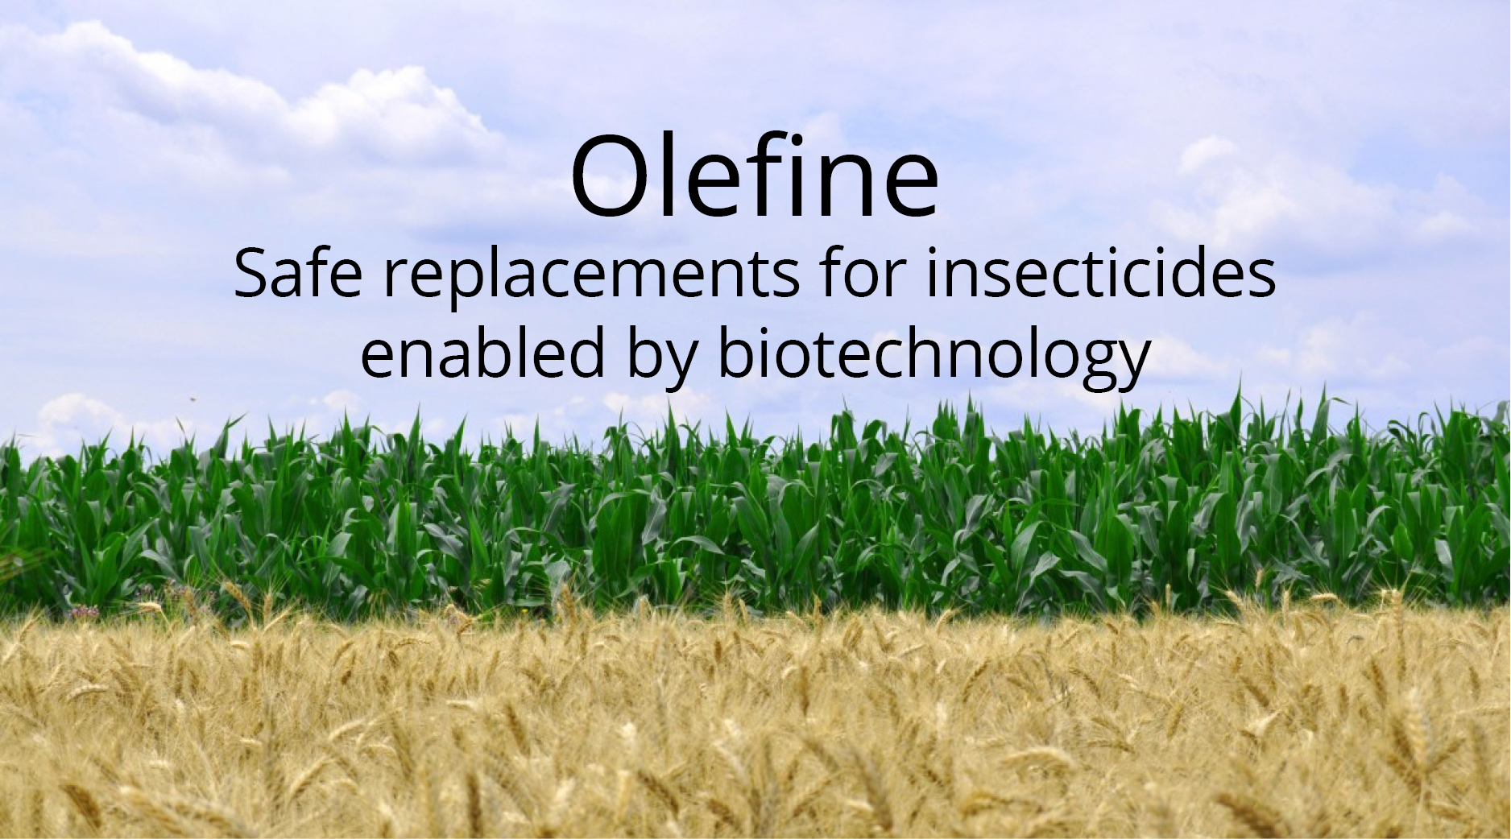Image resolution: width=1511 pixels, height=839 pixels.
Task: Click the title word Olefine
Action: pos(755,175)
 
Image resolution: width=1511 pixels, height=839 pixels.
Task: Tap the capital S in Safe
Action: pos(250,274)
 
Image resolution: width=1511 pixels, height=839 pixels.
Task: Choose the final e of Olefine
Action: pos(911,187)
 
